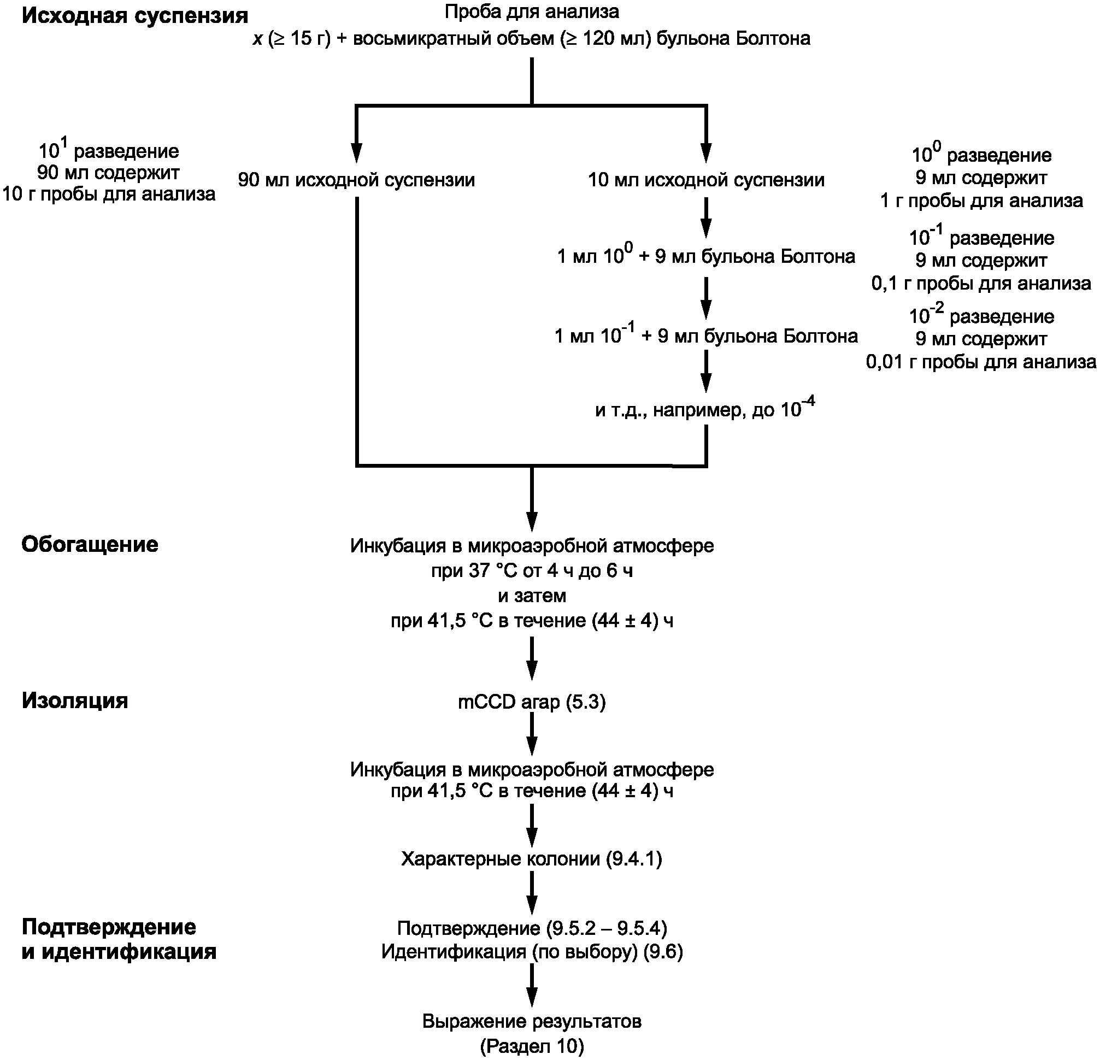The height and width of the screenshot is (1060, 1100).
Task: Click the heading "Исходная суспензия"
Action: tap(134, 16)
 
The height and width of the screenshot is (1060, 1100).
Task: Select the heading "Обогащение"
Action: tap(90, 544)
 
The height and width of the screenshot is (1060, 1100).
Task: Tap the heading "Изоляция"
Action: tap(75, 700)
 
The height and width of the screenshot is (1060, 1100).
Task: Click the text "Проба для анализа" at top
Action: tap(532, 11)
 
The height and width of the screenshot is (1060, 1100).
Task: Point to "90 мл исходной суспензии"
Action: tap(356, 180)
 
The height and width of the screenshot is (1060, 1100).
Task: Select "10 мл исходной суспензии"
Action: tap(706, 180)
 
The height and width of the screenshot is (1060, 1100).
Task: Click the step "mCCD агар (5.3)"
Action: tap(532, 702)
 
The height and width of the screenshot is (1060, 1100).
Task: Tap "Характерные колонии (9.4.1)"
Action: tap(532, 858)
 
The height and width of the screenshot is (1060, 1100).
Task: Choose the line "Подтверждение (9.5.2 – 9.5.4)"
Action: tap(532, 929)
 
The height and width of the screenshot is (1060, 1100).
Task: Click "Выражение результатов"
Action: tap(532, 1021)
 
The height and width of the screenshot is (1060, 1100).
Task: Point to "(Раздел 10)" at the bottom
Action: tap(532, 1046)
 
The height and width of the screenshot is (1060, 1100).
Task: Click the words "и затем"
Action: tap(532, 596)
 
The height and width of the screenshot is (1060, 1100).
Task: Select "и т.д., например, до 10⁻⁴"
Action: tap(705, 409)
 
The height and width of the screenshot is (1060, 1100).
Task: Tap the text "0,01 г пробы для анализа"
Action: tap(980, 362)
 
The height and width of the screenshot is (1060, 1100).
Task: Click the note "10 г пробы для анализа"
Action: tap(108, 194)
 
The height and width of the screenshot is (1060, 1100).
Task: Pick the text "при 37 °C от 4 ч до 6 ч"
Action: tap(532, 570)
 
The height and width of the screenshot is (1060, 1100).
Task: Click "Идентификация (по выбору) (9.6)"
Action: tap(532, 952)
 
